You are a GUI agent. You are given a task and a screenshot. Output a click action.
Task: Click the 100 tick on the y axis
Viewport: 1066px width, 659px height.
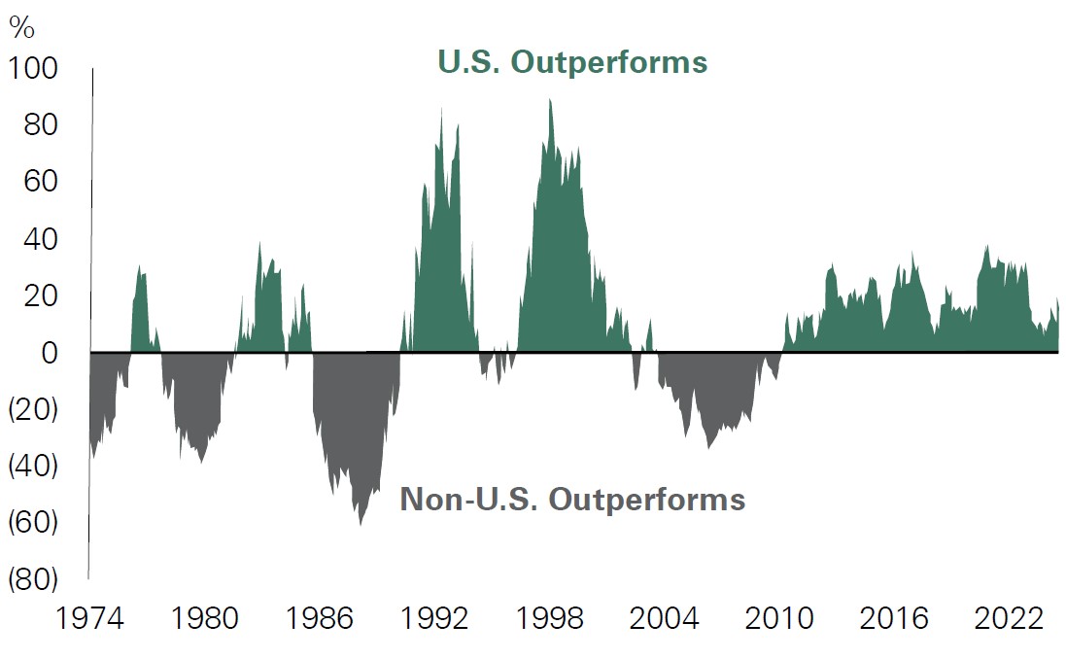[33, 70]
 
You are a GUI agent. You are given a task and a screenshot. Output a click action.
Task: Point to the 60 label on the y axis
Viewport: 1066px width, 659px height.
[43, 182]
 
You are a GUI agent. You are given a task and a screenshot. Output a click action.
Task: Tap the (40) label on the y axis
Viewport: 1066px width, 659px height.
[33, 467]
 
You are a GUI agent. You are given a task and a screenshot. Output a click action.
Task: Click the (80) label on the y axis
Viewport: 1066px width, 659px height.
[33, 580]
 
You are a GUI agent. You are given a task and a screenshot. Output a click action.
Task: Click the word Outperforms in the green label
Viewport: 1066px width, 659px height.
[609, 62]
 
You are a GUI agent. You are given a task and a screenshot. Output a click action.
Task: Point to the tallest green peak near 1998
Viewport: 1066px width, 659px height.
[550, 100]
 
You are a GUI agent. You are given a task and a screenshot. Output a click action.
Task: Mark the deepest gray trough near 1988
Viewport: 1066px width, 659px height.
[361, 524]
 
